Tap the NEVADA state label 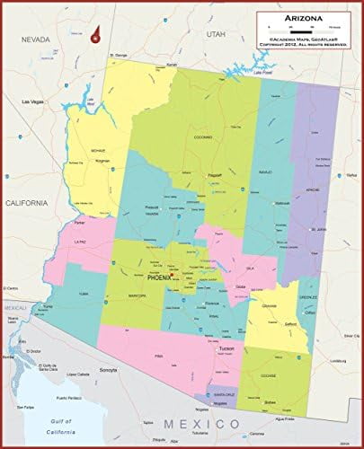(x=23, y=40)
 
